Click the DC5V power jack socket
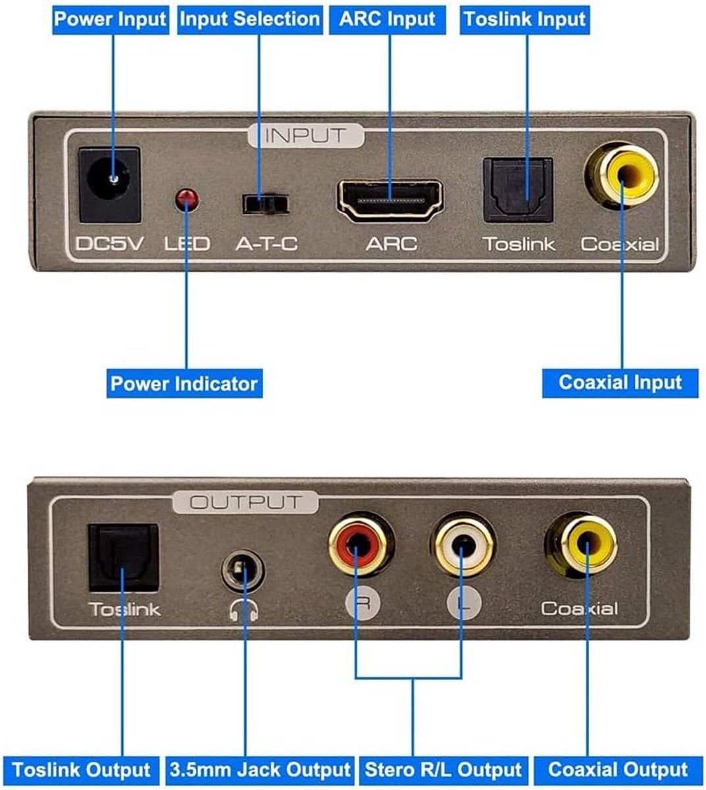click(x=109, y=184)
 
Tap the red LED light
click(x=187, y=199)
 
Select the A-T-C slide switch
click(x=265, y=203)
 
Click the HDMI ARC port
click(x=390, y=201)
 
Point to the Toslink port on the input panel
click(x=518, y=190)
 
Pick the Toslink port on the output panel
click(x=123, y=558)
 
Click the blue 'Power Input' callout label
click(x=111, y=20)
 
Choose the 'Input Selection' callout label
click(x=250, y=20)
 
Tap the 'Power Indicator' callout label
click(x=184, y=384)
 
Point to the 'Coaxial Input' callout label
click(x=620, y=383)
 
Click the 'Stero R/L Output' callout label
click(x=443, y=770)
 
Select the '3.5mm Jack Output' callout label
click(x=260, y=770)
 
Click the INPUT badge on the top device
click(x=306, y=136)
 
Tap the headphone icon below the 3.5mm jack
click(x=243, y=610)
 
